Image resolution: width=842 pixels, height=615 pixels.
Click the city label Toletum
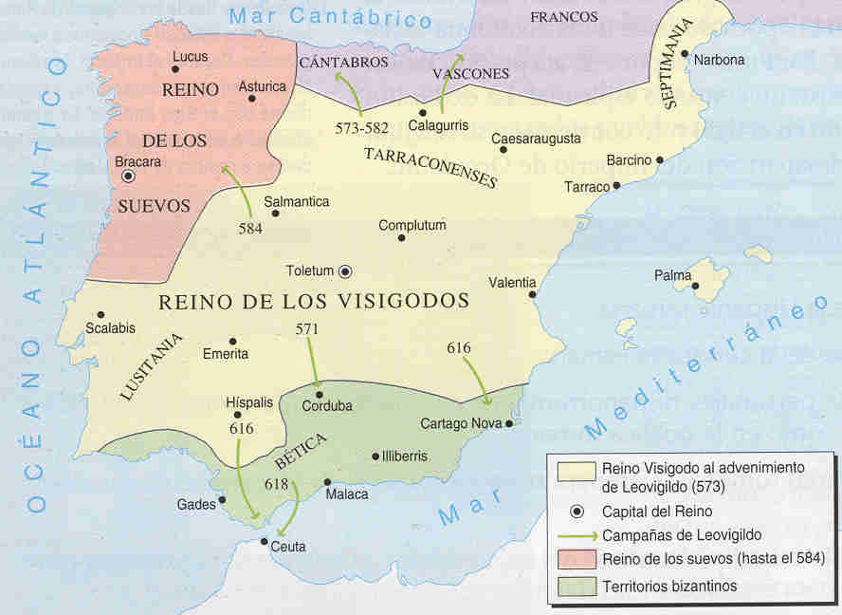310,270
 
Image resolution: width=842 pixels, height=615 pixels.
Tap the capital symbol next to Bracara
129,177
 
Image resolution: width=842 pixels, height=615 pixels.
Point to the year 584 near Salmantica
250,228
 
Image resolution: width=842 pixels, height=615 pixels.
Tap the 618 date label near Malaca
276,484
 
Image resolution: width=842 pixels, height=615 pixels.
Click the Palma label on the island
672,275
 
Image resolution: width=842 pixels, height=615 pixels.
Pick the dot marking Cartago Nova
510,423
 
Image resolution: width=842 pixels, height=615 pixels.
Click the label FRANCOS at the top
563,17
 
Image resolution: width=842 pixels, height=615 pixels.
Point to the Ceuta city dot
265,542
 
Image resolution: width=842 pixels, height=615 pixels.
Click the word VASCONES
470,73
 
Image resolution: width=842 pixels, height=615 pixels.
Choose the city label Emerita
226,354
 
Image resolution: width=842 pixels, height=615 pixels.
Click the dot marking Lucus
175,68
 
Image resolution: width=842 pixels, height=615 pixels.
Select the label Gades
196,504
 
